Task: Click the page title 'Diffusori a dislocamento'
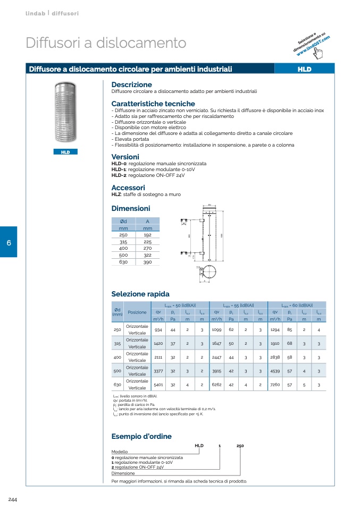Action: tap(106, 43)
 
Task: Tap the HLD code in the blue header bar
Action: tap(304, 69)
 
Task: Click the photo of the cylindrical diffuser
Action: tap(65, 113)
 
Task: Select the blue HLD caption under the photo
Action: tap(65, 152)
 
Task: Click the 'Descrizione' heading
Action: tap(131, 84)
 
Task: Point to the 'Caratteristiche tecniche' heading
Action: tap(153, 104)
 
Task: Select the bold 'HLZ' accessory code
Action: tap(116, 194)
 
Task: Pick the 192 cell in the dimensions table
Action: tap(147, 234)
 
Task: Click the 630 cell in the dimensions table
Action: tap(123, 262)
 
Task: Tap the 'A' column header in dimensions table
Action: tap(147, 221)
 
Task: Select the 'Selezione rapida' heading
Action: tap(140, 294)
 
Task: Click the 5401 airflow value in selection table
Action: tap(158, 384)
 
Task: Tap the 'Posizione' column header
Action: tap(137, 312)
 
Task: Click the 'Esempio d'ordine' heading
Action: tap(141, 436)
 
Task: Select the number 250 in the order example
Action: tap(240, 446)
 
